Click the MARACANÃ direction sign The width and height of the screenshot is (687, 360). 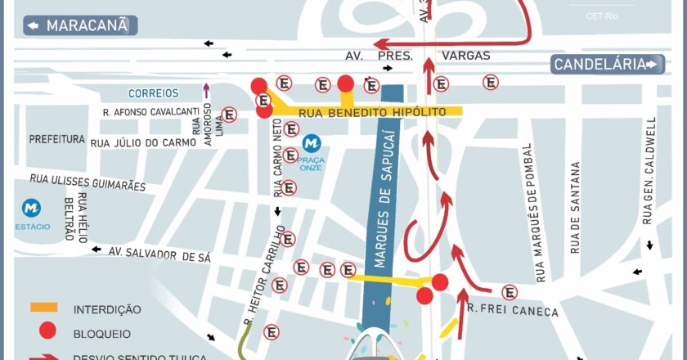[x=80, y=25]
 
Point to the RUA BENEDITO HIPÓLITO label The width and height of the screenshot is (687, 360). [x=372, y=111]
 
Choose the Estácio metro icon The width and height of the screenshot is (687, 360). [x=32, y=209]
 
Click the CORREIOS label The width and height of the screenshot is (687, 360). [x=153, y=93]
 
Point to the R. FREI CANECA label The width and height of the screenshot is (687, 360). [x=514, y=311]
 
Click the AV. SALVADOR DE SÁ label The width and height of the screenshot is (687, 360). [x=159, y=254]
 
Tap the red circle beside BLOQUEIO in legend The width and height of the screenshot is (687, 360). [x=48, y=331]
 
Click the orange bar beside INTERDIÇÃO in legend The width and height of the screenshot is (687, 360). [x=44, y=308]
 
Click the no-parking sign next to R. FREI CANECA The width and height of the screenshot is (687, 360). [x=509, y=292]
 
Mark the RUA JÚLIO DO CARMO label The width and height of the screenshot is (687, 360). [x=143, y=142]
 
